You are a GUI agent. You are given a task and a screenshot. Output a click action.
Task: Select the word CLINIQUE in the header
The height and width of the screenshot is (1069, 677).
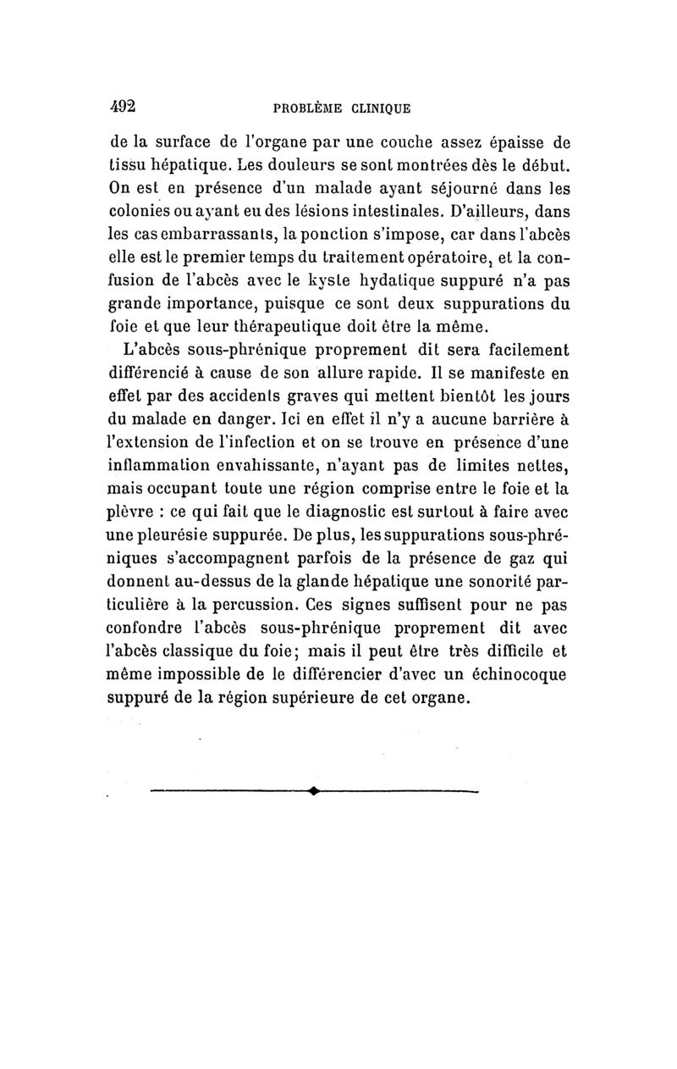pyautogui.click(x=377, y=108)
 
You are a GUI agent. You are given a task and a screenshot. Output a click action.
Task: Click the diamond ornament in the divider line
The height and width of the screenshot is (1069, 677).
pyautogui.click(x=314, y=792)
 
